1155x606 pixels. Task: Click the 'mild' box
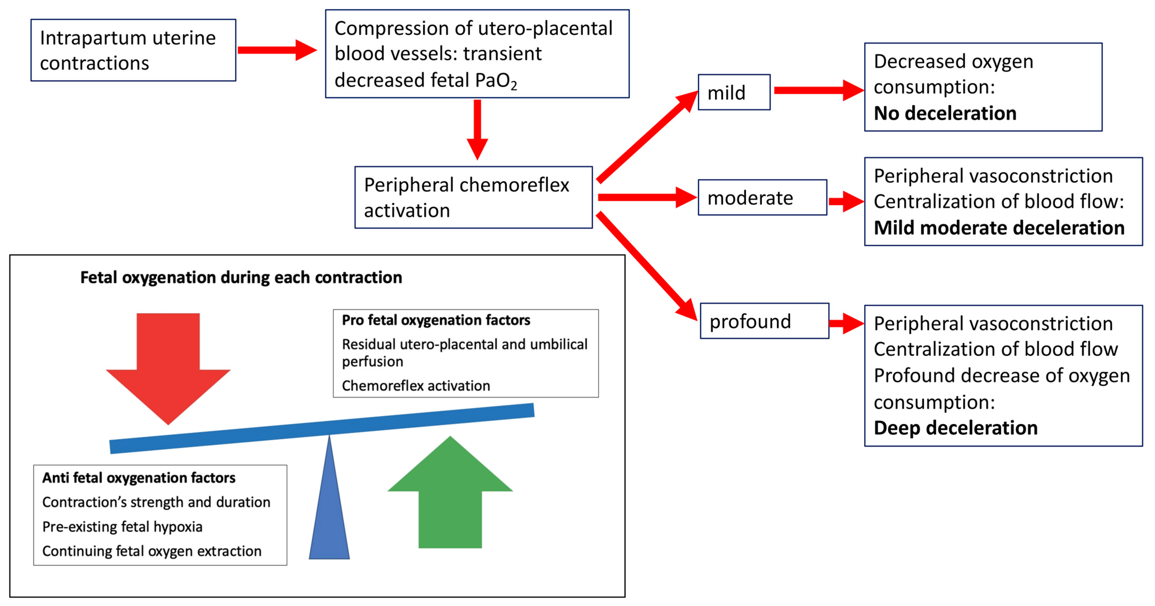(x=734, y=92)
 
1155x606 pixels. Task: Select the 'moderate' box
(x=762, y=197)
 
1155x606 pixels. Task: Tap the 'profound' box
(x=765, y=321)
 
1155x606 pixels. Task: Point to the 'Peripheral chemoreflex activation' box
(x=474, y=197)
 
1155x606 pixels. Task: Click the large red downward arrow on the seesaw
(x=168, y=369)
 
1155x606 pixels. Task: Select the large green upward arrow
(x=450, y=492)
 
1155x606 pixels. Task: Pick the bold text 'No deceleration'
(x=945, y=113)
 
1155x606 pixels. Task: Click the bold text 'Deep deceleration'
(x=956, y=428)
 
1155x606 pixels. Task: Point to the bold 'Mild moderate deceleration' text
(x=999, y=228)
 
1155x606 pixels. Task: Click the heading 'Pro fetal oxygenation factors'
(x=436, y=320)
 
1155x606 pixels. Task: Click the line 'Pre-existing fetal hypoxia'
(x=123, y=527)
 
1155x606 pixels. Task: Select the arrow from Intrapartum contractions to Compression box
(x=277, y=50)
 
